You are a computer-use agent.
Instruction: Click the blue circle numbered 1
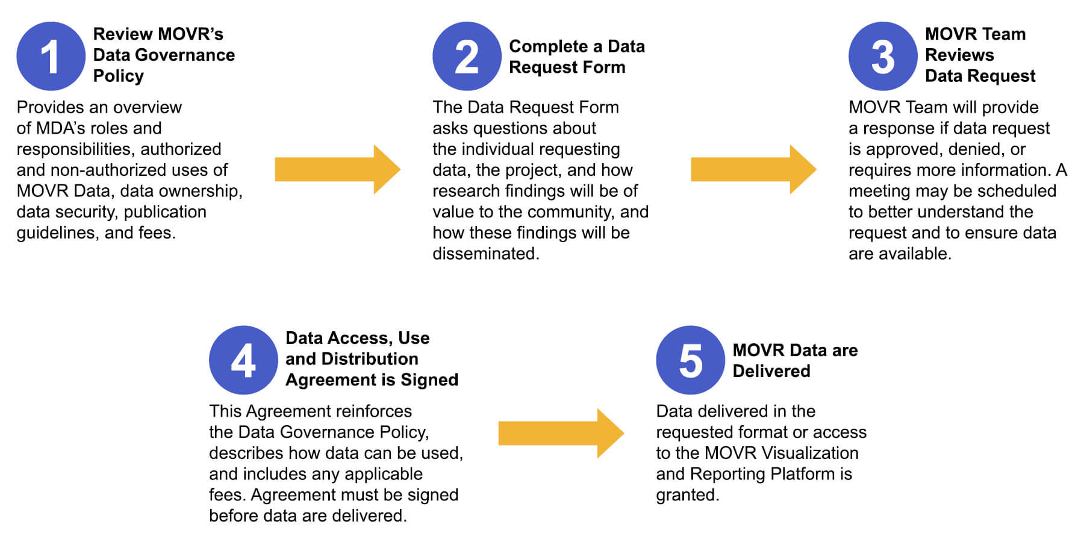tap(51, 56)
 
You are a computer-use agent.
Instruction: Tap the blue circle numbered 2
tap(467, 56)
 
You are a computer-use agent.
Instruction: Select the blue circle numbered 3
tap(883, 56)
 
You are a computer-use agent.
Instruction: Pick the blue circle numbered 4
tap(243, 360)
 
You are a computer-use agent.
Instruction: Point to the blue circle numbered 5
tap(690, 360)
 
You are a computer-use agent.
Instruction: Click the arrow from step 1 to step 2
tap(337, 169)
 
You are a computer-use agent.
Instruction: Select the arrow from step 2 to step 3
tap(753, 169)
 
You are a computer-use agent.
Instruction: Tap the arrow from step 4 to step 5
tap(561, 433)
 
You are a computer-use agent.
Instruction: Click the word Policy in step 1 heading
tap(119, 76)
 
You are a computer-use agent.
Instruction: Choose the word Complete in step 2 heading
tap(549, 46)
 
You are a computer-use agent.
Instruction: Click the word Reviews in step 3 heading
tap(959, 55)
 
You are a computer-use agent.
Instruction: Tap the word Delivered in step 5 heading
tap(771, 371)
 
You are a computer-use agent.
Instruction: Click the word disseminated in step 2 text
tap(485, 254)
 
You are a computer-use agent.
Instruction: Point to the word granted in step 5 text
tap(687, 495)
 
